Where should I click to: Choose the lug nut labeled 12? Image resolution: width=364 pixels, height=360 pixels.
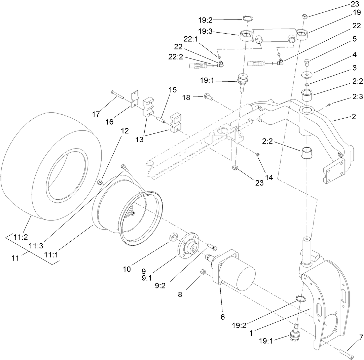point(100,182)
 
